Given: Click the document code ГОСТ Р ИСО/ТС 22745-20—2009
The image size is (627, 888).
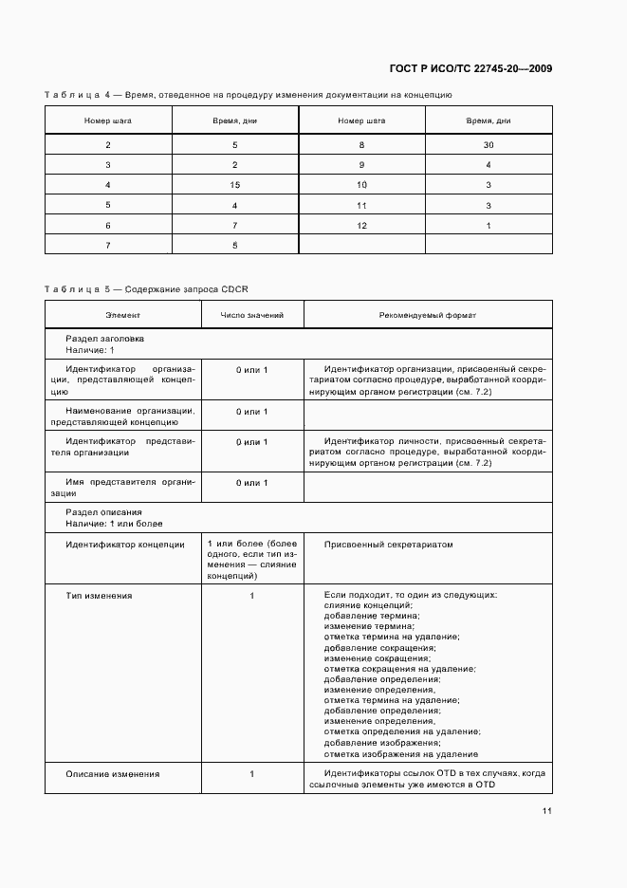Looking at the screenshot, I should (x=470, y=68).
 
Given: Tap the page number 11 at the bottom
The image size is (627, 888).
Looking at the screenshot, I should (x=547, y=811).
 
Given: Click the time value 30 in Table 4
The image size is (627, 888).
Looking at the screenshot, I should (x=489, y=145).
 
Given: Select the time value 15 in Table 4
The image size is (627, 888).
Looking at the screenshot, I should (x=234, y=185).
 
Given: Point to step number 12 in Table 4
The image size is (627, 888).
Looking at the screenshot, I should (x=361, y=225).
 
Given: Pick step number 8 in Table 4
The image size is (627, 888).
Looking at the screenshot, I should (x=361, y=145).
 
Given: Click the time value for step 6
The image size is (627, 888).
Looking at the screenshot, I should (x=234, y=225).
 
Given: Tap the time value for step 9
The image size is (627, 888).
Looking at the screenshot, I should (x=489, y=165).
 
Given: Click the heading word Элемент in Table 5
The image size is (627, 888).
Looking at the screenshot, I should (x=122, y=315).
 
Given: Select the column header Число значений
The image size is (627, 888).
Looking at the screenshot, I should (x=251, y=315).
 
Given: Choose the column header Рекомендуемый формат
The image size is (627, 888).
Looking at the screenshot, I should (x=427, y=315).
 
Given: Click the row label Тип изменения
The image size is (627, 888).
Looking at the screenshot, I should (x=99, y=596).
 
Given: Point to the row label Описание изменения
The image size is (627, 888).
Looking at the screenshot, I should (x=112, y=774).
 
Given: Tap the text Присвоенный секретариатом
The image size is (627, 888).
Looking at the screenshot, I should (x=389, y=545).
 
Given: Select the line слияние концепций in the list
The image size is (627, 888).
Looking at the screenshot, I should (x=368, y=605).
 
